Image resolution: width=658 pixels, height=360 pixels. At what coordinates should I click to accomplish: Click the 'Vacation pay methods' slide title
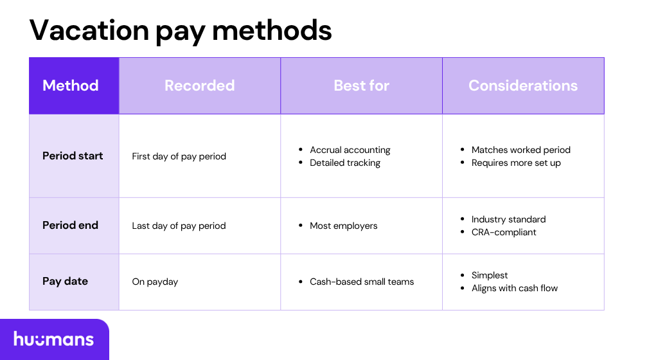pyautogui.click(x=181, y=30)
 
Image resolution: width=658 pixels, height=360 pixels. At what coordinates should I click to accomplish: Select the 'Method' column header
pyautogui.click(x=71, y=85)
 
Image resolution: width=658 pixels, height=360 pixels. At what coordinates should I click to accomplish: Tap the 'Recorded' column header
pyautogui.click(x=199, y=85)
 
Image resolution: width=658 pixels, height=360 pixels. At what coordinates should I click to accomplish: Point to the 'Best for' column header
pyautogui.click(x=361, y=85)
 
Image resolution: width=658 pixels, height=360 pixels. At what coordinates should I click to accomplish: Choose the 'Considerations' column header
pyautogui.click(x=523, y=85)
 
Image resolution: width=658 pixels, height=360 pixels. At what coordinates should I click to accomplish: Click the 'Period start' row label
pyautogui.click(x=73, y=156)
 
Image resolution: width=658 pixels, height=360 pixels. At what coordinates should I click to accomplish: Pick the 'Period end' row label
pyautogui.click(x=70, y=225)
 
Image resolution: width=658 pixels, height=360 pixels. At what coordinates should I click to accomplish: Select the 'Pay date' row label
pyautogui.click(x=65, y=281)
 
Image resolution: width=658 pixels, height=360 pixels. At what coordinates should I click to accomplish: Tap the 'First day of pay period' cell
pyautogui.click(x=179, y=156)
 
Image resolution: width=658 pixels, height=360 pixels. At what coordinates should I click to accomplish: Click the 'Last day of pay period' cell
pyautogui.click(x=179, y=226)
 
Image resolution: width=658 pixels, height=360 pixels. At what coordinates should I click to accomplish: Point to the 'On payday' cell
pyautogui.click(x=155, y=282)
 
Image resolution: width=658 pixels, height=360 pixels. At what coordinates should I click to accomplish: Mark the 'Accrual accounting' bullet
pyautogui.click(x=350, y=150)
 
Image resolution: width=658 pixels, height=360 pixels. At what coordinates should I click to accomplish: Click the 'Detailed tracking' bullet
pyautogui.click(x=345, y=163)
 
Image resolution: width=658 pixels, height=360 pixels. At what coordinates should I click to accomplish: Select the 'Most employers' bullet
pyautogui.click(x=344, y=226)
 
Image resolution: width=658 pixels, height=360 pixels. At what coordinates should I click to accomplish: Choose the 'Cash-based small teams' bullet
pyautogui.click(x=362, y=282)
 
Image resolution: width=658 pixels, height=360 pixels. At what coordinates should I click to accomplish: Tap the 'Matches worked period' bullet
pyautogui.click(x=520, y=150)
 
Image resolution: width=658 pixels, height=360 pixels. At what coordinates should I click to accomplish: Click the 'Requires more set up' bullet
pyautogui.click(x=516, y=163)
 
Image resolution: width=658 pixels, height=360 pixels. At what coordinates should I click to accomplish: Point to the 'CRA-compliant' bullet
pyautogui.click(x=504, y=232)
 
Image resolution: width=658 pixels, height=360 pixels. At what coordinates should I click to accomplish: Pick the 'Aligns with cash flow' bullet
pyautogui.click(x=514, y=288)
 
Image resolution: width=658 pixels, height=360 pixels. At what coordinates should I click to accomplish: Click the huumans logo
pyautogui.click(x=54, y=339)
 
